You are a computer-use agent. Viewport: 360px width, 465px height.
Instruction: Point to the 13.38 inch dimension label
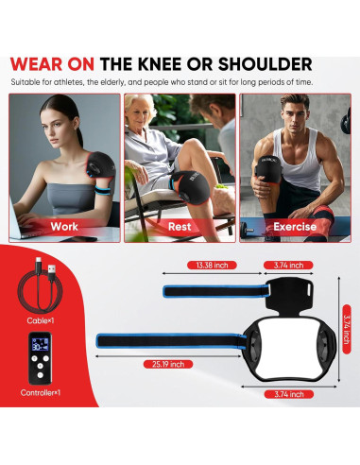click(x=213, y=265)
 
